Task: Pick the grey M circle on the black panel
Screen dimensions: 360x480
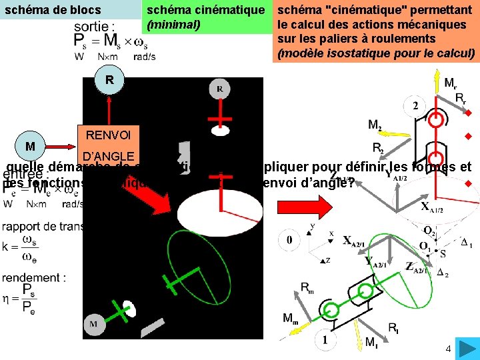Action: tap(93, 325)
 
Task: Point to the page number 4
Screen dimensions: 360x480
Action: tap(448, 349)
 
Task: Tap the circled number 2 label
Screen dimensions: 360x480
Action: tap(415, 105)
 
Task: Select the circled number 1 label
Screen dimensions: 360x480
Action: tap(325, 340)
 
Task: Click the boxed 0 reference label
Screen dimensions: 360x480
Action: tap(289, 239)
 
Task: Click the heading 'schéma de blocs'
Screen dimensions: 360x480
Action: tap(51, 10)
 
